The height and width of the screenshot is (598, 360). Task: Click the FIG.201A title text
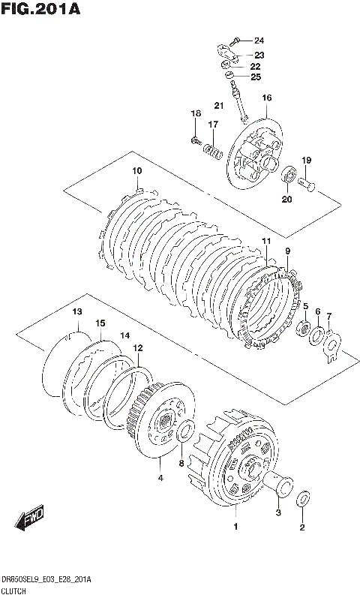point(40,9)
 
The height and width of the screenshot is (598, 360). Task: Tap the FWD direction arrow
point(29,518)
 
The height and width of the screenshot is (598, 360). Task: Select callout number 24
point(259,41)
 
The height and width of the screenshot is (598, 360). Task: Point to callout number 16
point(266,98)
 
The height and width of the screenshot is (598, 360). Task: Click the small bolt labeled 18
point(196,141)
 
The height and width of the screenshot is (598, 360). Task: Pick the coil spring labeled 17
point(214,150)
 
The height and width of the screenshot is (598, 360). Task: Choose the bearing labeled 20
point(289,174)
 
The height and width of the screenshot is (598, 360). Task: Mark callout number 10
point(137,171)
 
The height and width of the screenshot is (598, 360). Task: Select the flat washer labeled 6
point(317,336)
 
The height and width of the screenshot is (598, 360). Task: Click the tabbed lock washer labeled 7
point(331,347)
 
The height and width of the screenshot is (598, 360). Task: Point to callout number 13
point(77,312)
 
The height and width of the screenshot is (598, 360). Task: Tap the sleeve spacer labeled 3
point(277,484)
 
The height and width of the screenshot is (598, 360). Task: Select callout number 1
point(235,527)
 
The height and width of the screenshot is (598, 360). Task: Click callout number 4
point(160,477)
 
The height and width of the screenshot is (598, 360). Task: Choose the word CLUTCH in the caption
point(13,591)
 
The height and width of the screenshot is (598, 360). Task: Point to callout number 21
point(219,105)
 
